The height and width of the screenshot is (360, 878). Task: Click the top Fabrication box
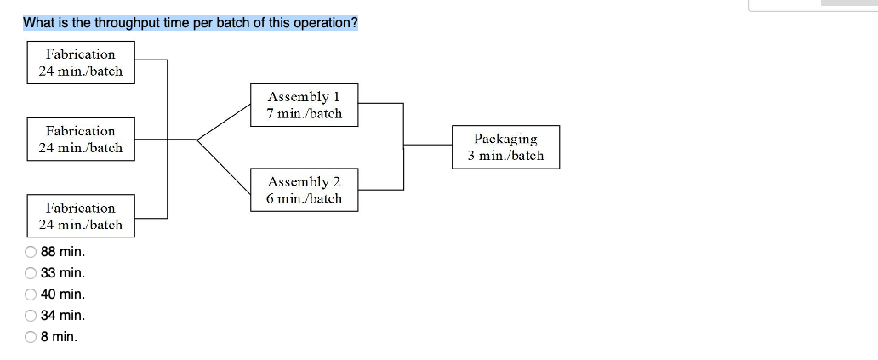coord(81,62)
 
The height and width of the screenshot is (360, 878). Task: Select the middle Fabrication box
coord(81,139)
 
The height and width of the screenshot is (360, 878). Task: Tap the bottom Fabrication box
coord(81,215)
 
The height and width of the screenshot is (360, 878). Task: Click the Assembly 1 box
coord(305,105)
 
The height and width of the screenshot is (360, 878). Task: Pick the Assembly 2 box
coord(305,190)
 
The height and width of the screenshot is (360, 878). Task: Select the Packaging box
coord(505,146)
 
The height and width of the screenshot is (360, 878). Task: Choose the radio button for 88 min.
coord(31,252)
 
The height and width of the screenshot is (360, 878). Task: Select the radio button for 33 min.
coord(31,273)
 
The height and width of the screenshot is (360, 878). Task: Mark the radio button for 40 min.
coord(31,294)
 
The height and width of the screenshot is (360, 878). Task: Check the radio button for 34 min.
coord(31,316)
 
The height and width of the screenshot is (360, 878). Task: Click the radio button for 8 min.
coord(31,337)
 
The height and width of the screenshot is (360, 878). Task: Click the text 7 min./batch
coord(305,113)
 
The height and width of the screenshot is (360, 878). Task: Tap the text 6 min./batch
coord(305,198)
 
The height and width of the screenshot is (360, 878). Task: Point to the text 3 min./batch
coord(505,156)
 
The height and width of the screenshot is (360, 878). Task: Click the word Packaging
coord(505,138)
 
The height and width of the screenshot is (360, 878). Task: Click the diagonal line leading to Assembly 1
coord(225,122)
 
